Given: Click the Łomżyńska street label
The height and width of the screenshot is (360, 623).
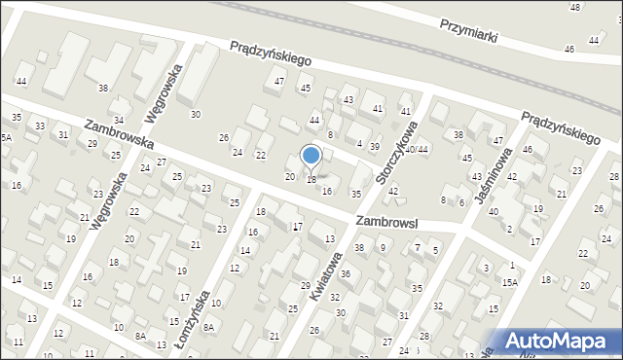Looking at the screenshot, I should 202,312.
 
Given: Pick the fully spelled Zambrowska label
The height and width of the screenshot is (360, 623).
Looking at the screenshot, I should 120,140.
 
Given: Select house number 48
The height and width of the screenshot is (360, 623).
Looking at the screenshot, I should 575,8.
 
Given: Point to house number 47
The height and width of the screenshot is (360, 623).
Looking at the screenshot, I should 279,81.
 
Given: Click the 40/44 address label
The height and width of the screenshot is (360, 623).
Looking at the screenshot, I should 418,149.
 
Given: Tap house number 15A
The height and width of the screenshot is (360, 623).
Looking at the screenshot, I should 510,282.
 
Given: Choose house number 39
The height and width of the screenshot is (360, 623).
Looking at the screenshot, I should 375,146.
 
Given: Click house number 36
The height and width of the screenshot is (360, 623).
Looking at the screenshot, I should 345,275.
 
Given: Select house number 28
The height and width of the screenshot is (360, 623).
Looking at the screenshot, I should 613,176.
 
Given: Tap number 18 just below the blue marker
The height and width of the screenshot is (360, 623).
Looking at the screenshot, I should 311,180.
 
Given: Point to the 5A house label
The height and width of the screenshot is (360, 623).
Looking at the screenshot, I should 5,138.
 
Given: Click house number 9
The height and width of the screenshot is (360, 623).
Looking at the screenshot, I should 383,248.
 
